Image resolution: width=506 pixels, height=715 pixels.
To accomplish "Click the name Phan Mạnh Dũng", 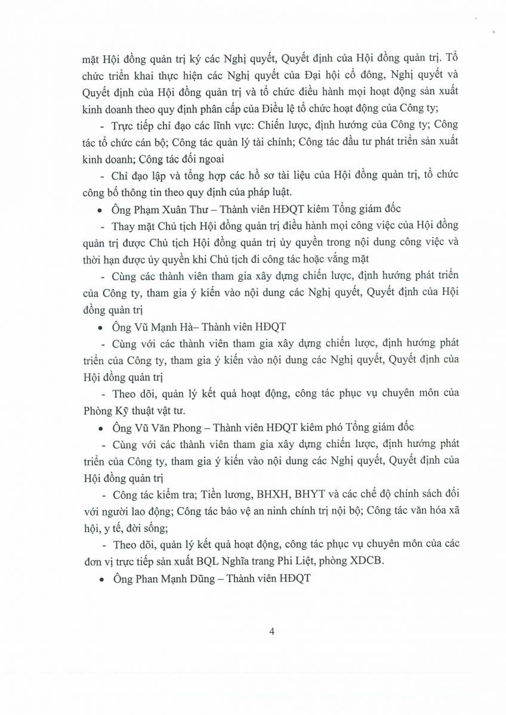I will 163,578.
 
